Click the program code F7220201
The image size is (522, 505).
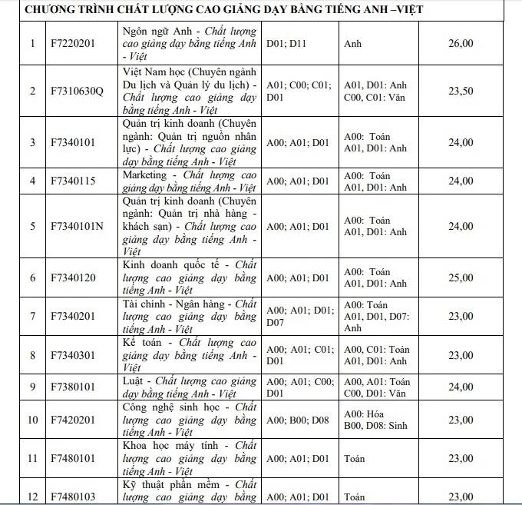71,43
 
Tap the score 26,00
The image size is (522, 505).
460,43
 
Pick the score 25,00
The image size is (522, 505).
460,277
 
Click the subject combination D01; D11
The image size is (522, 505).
286,43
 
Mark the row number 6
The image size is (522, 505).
32,277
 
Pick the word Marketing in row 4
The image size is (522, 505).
144,175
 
